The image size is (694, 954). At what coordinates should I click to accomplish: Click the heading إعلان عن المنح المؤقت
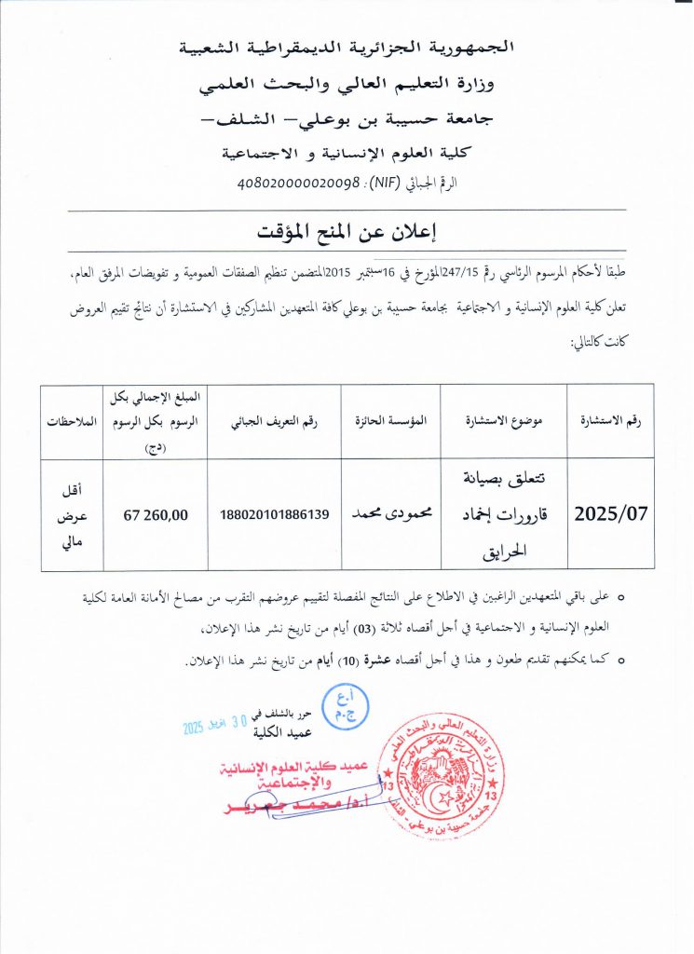coord(347,230)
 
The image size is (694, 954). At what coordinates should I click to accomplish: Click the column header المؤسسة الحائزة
coord(392,420)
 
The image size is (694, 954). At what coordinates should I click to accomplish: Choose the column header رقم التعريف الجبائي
coord(275,420)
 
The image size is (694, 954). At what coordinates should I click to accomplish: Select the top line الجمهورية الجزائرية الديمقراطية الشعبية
coord(346,48)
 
